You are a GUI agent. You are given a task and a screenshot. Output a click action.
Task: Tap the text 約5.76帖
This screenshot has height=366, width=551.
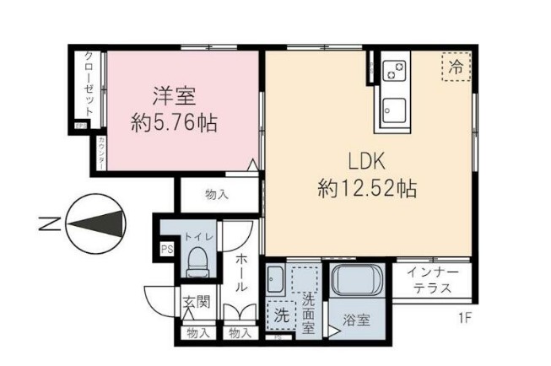click(174, 123)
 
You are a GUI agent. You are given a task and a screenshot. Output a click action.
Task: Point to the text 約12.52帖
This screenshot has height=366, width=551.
click(367, 187)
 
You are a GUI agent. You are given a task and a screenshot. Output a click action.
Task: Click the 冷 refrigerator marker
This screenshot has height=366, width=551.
click(455, 68)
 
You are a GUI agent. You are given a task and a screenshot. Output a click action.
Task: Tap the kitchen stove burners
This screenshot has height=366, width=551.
click(395, 73)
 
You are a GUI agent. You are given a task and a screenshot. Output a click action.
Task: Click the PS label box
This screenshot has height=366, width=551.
click(166, 250)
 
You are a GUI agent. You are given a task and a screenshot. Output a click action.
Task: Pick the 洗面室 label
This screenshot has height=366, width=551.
click(309, 311)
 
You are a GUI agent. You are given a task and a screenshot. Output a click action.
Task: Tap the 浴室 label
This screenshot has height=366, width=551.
click(356, 320)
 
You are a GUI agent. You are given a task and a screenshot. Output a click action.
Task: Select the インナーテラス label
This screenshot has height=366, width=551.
click(432, 280)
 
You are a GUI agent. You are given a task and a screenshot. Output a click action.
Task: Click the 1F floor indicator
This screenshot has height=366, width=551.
click(464, 318)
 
